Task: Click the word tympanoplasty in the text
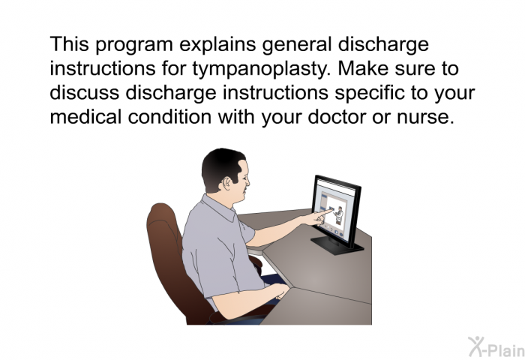point(262,69)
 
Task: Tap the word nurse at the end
point(425,117)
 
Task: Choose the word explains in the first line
point(217,45)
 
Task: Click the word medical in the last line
point(85,116)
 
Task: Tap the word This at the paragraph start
point(70,44)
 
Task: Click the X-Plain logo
point(496,347)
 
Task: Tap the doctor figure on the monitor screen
point(338,215)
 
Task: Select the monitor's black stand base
point(337,246)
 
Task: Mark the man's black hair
point(221,167)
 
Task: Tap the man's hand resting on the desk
point(280,291)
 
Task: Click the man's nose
point(247,182)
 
